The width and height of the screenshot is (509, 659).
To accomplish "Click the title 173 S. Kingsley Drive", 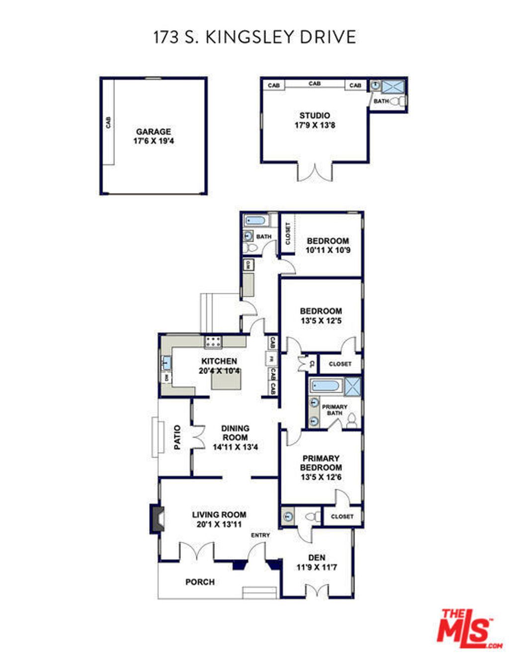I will click(x=254, y=37).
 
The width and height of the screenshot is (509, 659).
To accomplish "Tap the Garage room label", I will click(x=153, y=132).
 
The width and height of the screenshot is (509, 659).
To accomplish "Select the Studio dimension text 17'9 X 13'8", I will click(x=315, y=125).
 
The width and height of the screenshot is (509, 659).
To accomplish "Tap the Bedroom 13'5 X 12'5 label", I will click(x=321, y=316).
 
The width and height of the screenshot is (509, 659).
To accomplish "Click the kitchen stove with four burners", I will click(x=213, y=341).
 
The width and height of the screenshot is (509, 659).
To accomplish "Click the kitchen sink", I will click(x=166, y=363).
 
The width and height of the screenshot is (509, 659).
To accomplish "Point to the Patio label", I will click(x=177, y=437).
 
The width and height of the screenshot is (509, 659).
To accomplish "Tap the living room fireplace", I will click(x=157, y=519).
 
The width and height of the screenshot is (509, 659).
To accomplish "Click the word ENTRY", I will click(x=260, y=535).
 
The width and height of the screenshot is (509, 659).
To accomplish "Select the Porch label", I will click(x=200, y=582).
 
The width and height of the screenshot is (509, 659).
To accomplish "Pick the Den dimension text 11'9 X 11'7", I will click(x=317, y=567).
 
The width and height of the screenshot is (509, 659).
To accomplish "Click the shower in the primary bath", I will click(x=353, y=386).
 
